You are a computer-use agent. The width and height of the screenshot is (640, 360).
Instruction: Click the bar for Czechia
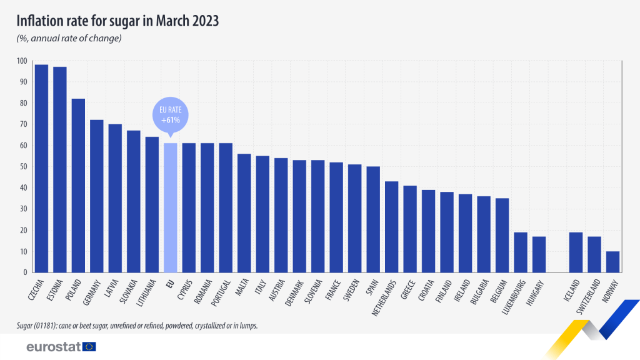[42, 169]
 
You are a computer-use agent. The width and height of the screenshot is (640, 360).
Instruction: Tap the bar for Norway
[613, 262]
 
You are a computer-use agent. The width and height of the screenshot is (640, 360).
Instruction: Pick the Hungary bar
[539, 254]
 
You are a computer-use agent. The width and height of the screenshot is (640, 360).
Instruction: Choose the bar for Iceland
[576, 252]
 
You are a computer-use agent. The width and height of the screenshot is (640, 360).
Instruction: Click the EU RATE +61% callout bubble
[170, 114]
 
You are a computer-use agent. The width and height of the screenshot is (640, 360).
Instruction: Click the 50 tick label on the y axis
[23, 167]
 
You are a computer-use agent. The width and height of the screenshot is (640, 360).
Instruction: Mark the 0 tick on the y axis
[25, 272]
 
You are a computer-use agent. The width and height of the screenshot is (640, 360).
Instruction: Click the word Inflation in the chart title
[39, 21]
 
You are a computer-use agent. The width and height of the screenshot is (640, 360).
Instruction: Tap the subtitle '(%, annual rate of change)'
[68, 39]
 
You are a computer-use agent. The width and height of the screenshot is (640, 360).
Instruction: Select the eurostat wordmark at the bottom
[53, 346]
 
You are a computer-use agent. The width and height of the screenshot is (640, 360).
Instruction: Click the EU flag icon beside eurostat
[89, 346]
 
